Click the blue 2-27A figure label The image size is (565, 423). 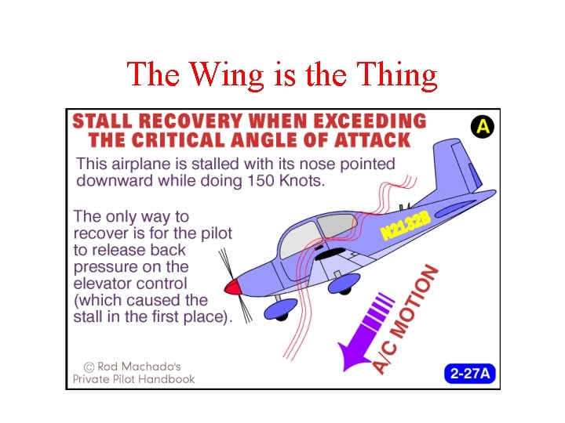471,373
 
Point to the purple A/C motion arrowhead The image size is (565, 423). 349,356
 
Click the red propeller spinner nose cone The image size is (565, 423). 232,287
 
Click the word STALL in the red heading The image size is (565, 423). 103,121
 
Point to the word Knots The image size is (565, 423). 306,182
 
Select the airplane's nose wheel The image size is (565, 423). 280,311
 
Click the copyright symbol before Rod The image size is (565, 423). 89,365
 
